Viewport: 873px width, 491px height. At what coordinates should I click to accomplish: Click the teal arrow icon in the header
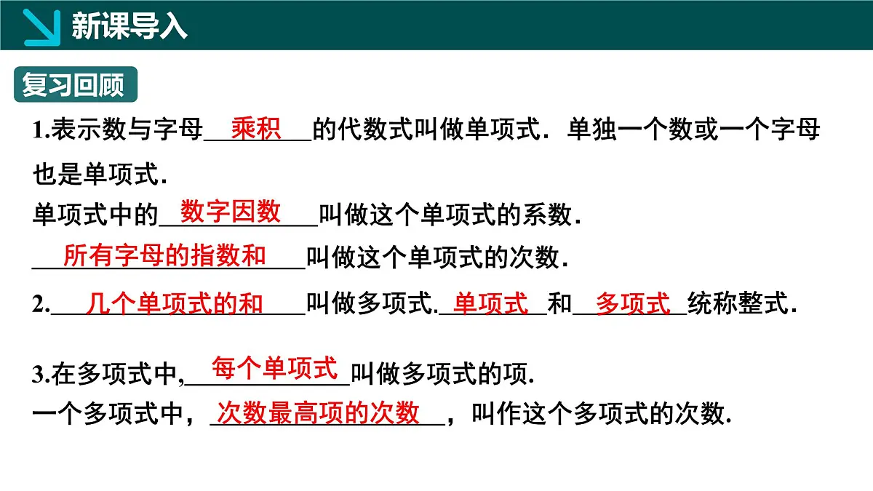(42, 26)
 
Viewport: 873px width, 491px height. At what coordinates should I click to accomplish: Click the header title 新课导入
(129, 26)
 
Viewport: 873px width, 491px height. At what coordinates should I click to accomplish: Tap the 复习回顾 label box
(73, 84)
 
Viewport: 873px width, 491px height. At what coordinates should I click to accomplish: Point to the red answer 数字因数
(231, 212)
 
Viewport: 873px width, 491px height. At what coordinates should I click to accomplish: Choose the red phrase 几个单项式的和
(175, 303)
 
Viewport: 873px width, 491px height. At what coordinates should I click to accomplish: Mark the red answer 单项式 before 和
(491, 303)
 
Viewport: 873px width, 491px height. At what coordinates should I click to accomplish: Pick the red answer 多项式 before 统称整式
(633, 303)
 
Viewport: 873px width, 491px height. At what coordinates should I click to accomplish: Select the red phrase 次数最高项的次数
(319, 412)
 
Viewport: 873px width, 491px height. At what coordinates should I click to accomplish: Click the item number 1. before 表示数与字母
(41, 131)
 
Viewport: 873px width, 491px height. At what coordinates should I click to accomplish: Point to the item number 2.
(41, 305)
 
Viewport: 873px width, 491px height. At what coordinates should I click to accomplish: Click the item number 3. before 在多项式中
(41, 375)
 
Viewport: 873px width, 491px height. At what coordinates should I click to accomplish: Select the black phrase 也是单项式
(100, 175)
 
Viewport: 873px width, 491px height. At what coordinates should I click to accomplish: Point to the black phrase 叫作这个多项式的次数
(601, 414)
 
